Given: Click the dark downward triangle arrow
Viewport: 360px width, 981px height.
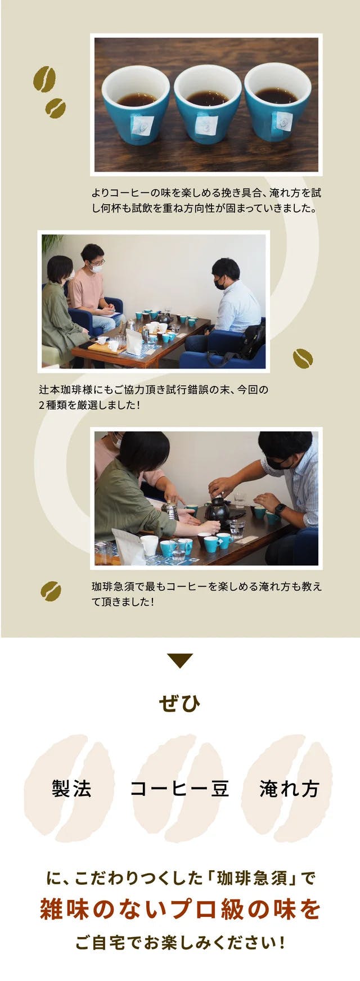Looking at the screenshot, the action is [180, 660].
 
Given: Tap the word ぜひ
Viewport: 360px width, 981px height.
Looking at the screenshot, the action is [179, 703].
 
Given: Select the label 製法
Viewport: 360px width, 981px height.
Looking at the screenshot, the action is [71, 789].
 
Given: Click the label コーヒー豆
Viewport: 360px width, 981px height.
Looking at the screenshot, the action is [179, 789].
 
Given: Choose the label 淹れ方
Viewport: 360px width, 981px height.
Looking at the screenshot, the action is [289, 789].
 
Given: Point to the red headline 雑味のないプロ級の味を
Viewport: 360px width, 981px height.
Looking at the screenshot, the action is [180, 909].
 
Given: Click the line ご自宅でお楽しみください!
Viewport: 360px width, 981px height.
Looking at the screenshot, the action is [180, 943].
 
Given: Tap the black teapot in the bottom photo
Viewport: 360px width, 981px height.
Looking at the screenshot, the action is [218, 510].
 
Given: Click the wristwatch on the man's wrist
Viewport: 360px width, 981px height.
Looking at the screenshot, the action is [280, 510].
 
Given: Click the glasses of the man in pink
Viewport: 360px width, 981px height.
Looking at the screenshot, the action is [97, 263].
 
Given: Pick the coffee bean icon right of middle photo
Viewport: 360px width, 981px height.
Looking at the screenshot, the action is [303, 358].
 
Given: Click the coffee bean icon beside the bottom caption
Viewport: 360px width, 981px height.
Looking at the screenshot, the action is [51, 591].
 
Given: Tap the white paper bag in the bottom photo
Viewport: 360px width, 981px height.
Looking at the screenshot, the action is [129, 546].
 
